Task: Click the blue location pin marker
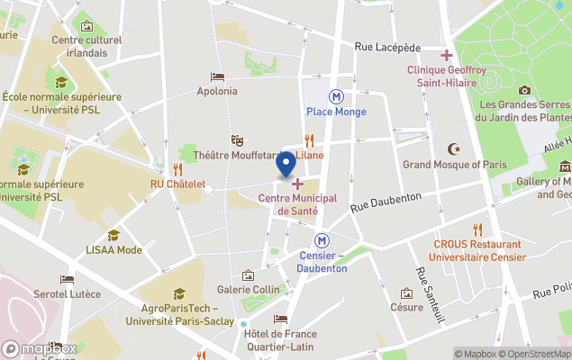click(286, 165)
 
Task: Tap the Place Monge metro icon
click(336, 95)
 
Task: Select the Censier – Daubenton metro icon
click(322, 240)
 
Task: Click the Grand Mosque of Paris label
click(454, 165)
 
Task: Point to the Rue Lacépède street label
click(387, 47)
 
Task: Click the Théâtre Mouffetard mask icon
click(237, 139)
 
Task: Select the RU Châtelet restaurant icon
click(177, 168)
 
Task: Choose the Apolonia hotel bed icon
click(217, 76)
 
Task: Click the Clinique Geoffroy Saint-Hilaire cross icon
click(446, 56)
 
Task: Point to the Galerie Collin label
click(248, 289)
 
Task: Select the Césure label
click(406, 307)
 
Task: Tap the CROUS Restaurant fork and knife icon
click(477, 229)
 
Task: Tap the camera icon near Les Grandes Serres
click(524, 89)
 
